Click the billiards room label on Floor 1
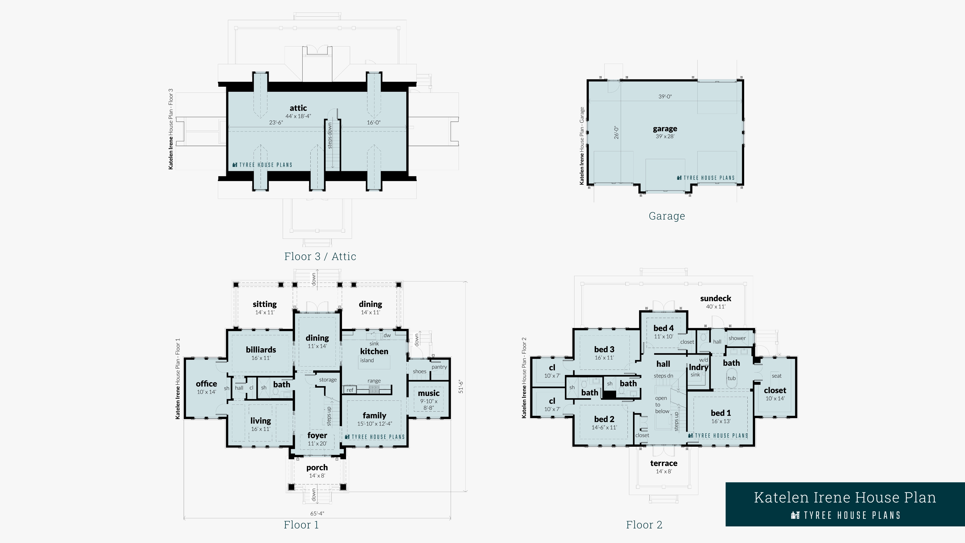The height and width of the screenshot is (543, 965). pos(261,350)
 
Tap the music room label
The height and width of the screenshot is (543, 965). pos(428,393)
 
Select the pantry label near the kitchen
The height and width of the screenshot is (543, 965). pos(439,367)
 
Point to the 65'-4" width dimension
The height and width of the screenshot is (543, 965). pos(317,513)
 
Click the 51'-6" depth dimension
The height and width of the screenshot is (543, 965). pos(461,387)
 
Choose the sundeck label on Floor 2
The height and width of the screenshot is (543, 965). pos(715,298)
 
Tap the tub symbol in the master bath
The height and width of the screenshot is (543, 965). pos(732,378)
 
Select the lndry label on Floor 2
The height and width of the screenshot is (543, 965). pos(698,367)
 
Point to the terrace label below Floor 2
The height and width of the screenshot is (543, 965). pos(663,463)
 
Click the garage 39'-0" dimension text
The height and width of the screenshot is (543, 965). pos(665,97)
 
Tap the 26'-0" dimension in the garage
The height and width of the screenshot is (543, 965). pos(616,133)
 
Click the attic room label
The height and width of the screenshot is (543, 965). pos(298,108)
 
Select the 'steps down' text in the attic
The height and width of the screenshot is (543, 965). pos(330,135)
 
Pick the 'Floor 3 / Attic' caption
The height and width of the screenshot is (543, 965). pos(320,256)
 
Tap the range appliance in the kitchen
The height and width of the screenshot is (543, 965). pos(374,389)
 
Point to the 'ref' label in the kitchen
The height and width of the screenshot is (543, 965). pos(350,390)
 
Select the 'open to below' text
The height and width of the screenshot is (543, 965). pos(662,405)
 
